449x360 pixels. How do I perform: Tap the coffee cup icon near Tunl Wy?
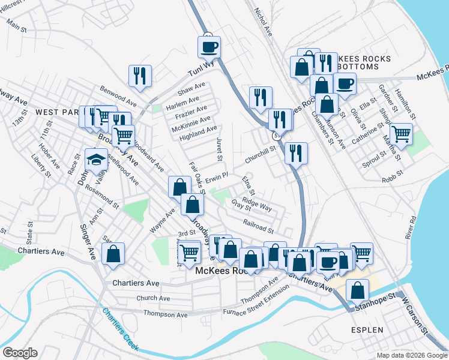click(209, 47)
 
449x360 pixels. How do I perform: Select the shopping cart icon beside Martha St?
click(401, 134)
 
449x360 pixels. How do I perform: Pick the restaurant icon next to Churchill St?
click(296, 153)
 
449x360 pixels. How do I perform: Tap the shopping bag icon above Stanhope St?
click(357, 290)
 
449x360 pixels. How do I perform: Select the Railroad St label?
click(259, 226)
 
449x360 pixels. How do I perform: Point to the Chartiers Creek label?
click(120, 329)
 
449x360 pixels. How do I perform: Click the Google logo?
click(19, 353)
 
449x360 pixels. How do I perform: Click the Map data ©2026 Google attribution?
click(411, 355)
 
